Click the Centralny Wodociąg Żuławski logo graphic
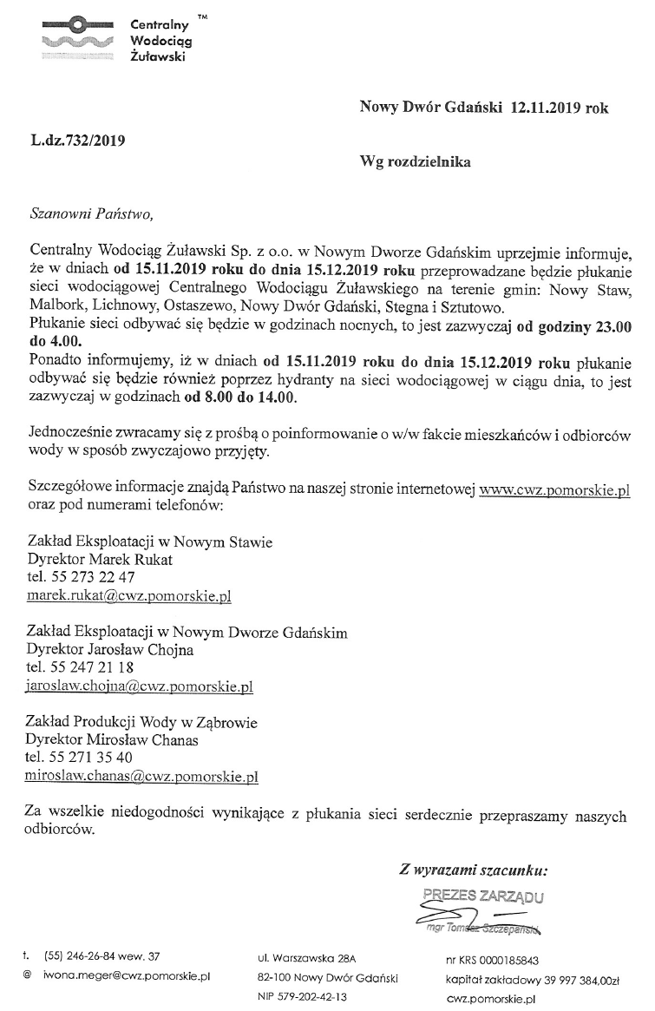point(75,38)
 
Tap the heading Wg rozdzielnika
point(416,161)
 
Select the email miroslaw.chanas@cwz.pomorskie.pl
point(143,777)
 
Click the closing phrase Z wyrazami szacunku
point(473,869)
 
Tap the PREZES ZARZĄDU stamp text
point(483,895)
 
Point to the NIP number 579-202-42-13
point(302,998)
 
